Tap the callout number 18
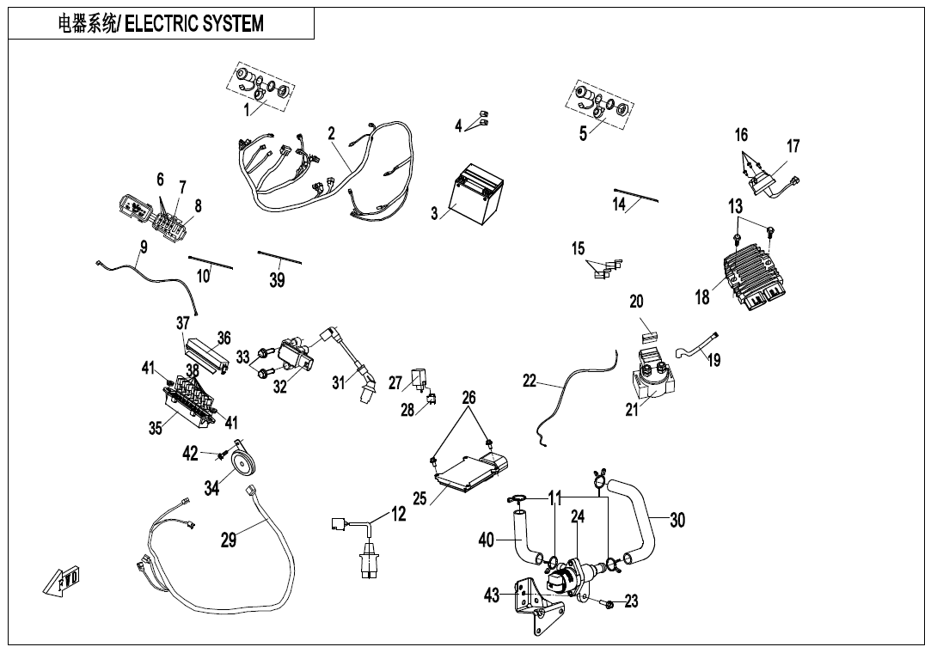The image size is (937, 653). pyautogui.click(x=702, y=298)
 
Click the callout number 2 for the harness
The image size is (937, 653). pyautogui.click(x=331, y=133)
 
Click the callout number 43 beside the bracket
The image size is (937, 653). pyautogui.click(x=492, y=595)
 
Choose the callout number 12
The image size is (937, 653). pyautogui.click(x=399, y=514)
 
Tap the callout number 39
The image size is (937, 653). pyautogui.click(x=277, y=280)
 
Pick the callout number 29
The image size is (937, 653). pyautogui.click(x=228, y=540)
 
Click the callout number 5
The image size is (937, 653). pyautogui.click(x=583, y=133)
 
